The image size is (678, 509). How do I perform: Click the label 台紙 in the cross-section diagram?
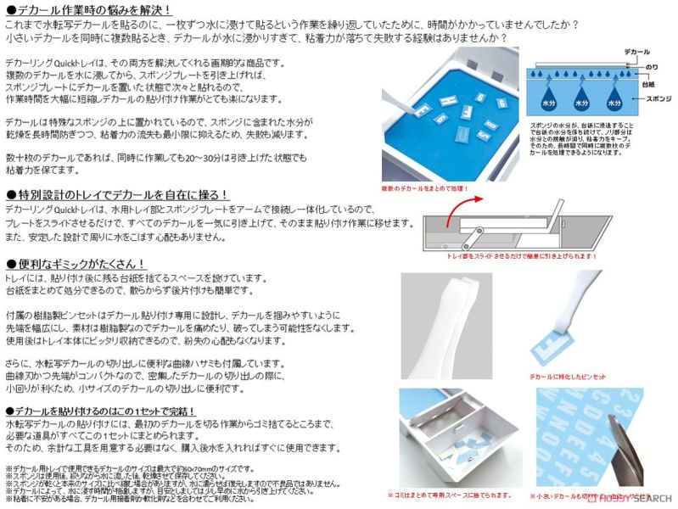(647, 85)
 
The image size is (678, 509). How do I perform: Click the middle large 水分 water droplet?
(581, 101)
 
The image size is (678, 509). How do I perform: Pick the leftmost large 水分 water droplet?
(547, 101)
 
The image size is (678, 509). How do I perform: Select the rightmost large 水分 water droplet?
(615, 101)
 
